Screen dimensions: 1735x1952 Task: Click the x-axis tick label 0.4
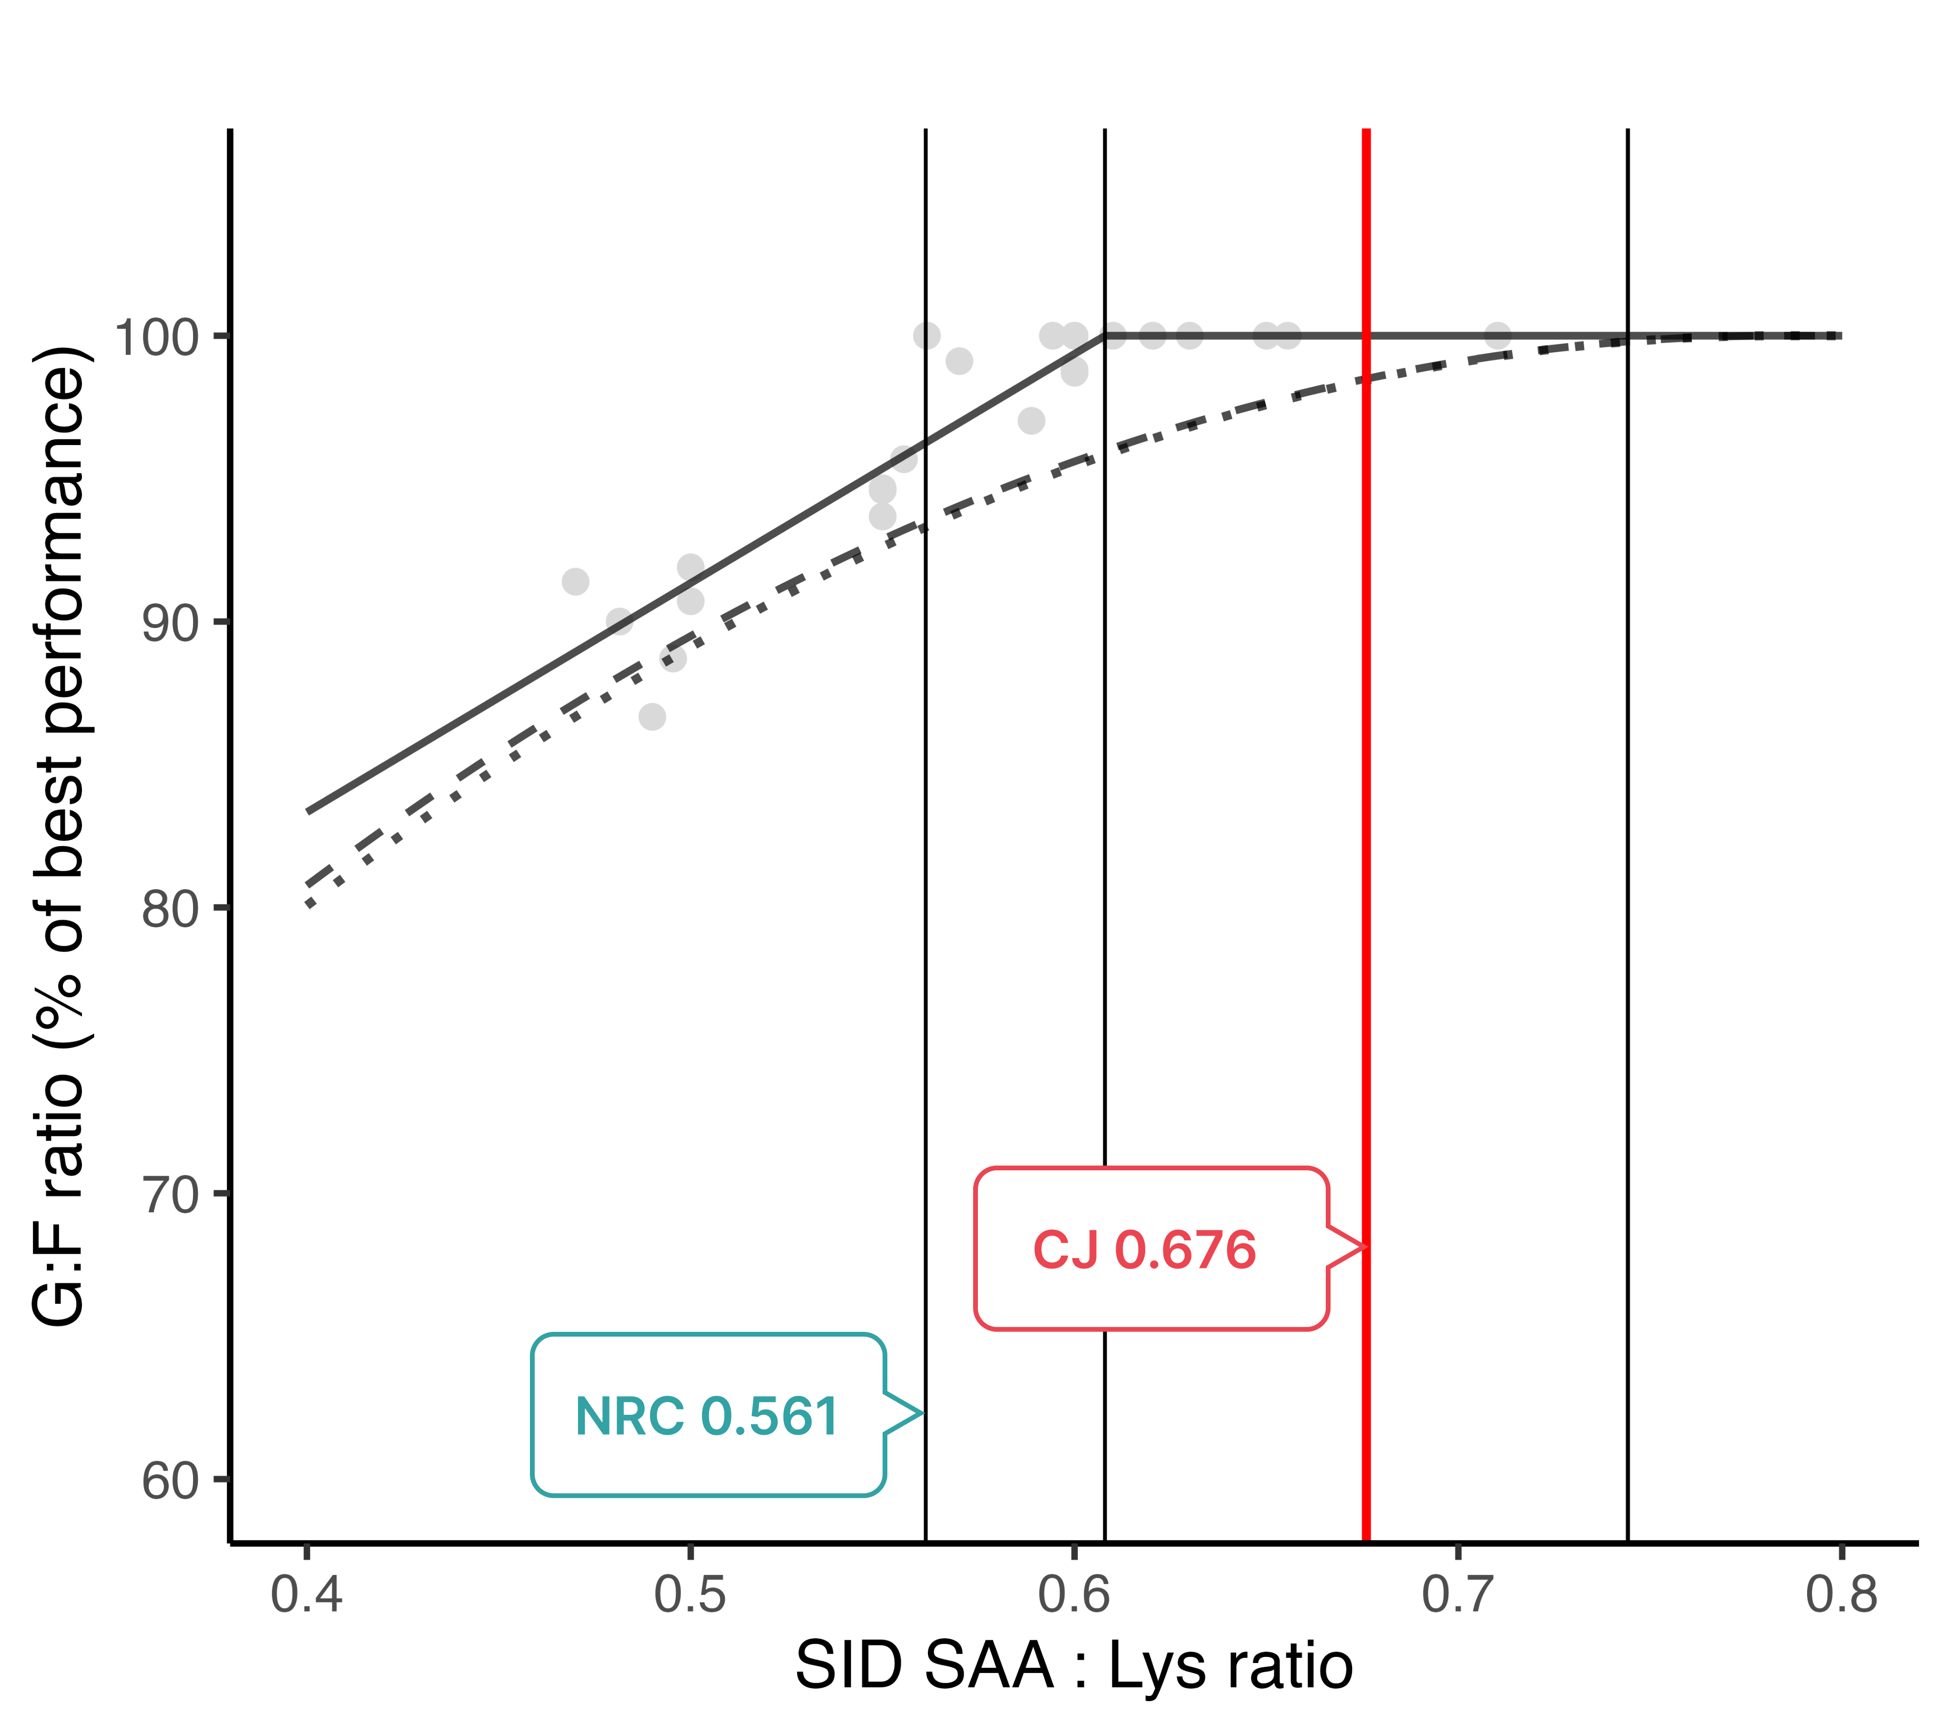(306, 1594)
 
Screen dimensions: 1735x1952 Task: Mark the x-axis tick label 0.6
(1074, 1594)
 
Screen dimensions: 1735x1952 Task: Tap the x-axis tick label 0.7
(1458, 1594)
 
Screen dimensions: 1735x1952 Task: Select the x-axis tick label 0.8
(1841, 1594)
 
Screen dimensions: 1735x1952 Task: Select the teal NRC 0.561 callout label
(707, 1416)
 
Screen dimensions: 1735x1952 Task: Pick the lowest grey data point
(652, 716)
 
